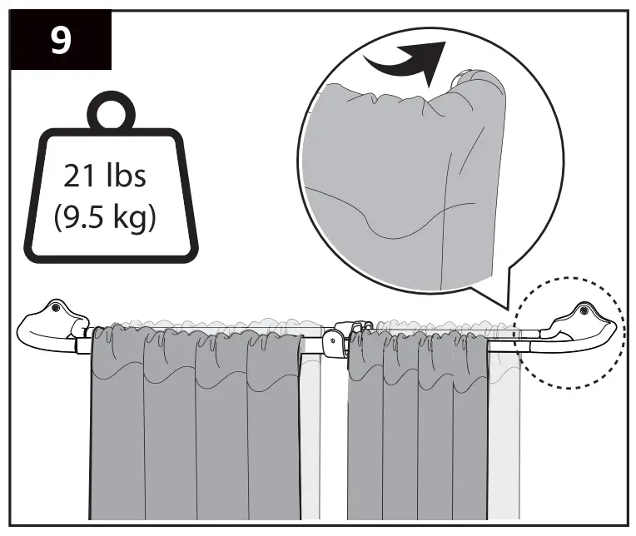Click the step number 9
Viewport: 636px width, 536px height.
61,41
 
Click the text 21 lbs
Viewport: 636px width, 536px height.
105,176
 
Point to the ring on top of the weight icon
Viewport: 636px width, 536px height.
111,111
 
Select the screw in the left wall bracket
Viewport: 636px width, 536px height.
57,308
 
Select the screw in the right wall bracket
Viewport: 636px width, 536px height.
584,310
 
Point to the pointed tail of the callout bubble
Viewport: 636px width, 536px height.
508,309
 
